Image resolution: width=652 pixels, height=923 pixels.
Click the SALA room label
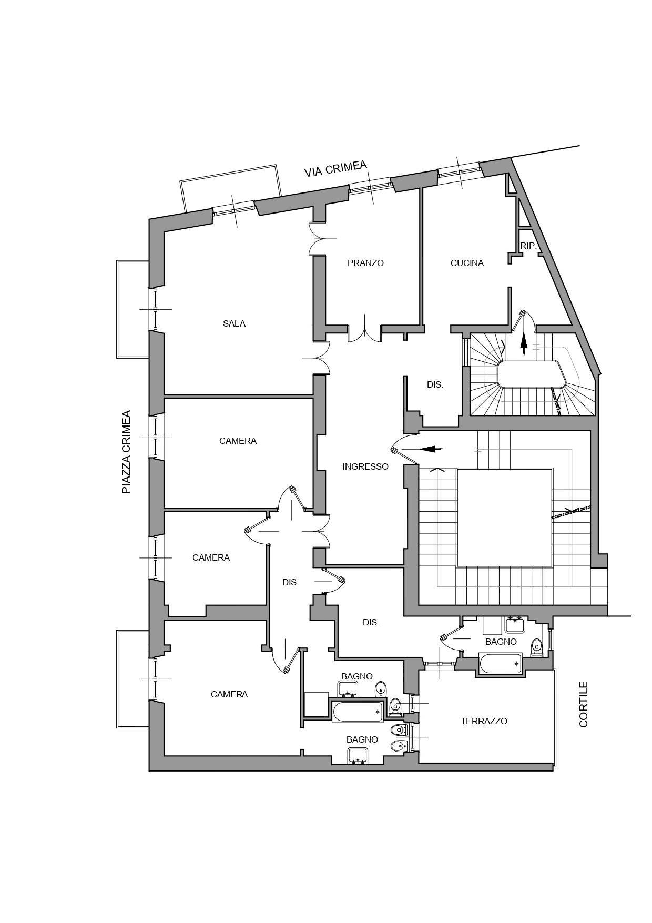pos(234,323)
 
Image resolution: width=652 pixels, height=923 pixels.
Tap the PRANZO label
pos(365,263)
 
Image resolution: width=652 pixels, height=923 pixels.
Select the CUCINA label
pos(467,263)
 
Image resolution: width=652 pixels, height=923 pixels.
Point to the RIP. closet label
pos(528,246)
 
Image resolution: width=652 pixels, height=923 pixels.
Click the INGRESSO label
pos(365,466)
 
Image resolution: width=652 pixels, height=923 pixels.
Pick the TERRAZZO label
pos(484,721)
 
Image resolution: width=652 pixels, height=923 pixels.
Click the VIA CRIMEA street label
pos(335,168)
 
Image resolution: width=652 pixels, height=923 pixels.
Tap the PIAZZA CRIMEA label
pos(126,452)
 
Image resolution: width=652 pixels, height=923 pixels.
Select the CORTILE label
pos(584,705)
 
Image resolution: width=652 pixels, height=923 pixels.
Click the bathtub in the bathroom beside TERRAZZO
pos(501,664)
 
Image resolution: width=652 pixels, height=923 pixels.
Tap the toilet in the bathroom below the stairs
pos(536,646)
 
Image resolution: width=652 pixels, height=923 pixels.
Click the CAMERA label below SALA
pos(238,441)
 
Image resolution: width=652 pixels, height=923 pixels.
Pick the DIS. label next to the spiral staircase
pos(435,385)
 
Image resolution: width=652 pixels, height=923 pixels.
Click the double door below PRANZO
pos(364,329)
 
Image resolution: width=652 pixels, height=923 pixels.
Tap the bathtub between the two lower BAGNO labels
pos(358,712)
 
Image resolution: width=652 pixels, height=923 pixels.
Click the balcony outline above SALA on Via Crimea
pos(230,187)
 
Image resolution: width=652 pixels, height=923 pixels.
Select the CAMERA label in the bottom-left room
pos(229,694)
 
